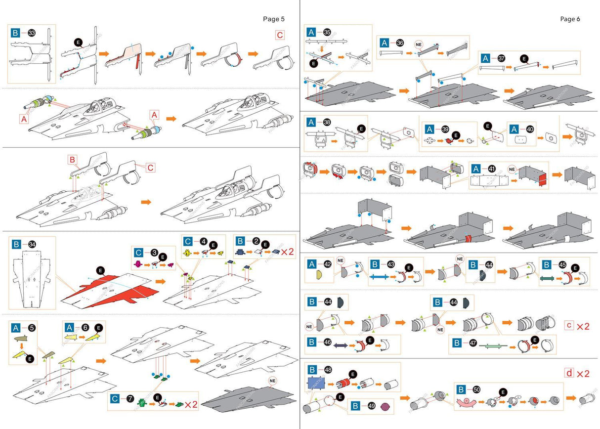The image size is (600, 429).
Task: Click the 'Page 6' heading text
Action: tap(570, 19)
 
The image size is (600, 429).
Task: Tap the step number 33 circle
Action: tap(31, 33)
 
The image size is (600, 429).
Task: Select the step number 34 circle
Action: tap(31, 244)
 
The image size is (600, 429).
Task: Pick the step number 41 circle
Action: tap(492, 169)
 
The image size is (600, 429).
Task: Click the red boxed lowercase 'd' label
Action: tap(569, 374)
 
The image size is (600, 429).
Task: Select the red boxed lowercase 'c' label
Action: tap(569, 326)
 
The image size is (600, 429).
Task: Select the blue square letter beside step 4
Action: tap(188, 242)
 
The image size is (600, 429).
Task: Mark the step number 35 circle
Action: tap(327, 32)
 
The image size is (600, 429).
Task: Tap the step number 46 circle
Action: tap(328, 342)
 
